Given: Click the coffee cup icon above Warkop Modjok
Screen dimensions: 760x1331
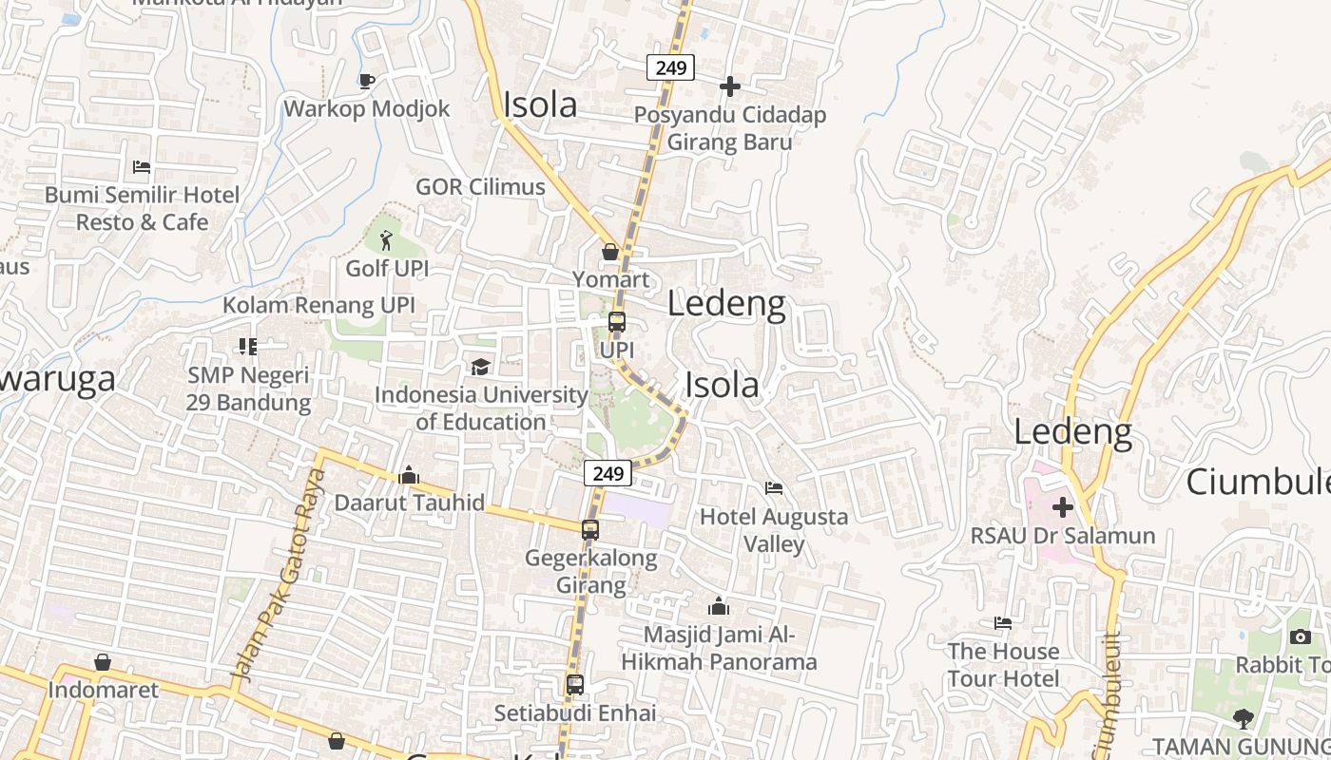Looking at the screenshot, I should tap(367, 81).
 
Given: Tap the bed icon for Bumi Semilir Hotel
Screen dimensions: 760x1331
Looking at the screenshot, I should tap(142, 167).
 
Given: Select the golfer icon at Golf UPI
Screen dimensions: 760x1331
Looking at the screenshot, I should tap(386, 240).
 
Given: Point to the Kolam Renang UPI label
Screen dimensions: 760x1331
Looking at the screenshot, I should tap(318, 305).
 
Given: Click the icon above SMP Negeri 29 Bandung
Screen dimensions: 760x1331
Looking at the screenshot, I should tap(248, 347).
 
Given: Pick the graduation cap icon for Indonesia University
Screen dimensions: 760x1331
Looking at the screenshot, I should tap(481, 367).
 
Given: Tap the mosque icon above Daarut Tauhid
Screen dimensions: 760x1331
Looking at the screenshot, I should tap(410, 474).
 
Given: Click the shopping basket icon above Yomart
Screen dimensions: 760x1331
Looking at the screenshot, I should tap(610, 252).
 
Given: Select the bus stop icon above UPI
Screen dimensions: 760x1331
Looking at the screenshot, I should tap(617, 322).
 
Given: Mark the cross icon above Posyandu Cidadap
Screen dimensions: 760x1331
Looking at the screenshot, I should tap(730, 86).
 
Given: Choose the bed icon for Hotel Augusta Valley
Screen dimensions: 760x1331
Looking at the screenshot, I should tap(774, 488).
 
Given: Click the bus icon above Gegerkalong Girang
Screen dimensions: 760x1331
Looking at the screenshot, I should tap(590, 530).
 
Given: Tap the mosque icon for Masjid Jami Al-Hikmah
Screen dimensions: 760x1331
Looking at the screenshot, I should tap(719, 606).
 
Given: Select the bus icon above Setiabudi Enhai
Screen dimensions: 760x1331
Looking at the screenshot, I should tap(575, 684).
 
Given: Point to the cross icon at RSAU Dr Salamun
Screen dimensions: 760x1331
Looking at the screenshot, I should tap(1063, 507).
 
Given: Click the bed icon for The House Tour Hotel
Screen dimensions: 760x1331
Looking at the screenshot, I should tap(1003, 623).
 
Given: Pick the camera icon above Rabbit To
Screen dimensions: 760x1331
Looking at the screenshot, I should tap(1301, 636).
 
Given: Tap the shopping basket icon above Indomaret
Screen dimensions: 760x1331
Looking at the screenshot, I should tap(103, 662).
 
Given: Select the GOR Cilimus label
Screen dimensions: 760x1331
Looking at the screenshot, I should tap(480, 186).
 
